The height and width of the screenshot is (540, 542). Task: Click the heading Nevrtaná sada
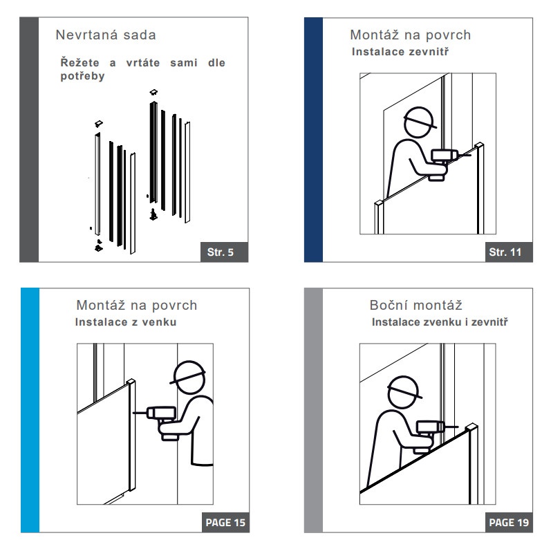(x=106, y=35)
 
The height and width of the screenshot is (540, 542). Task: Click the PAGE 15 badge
(x=225, y=523)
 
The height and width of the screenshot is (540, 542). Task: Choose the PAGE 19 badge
(x=509, y=523)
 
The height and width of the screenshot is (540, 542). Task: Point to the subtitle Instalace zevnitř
(x=400, y=52)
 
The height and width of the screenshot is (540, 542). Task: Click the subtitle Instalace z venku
(x=126, y=322)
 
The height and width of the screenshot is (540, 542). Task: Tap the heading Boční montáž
(x=416, y=306)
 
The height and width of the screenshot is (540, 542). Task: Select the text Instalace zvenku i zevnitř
(x=440, y=322)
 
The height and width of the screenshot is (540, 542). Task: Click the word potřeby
(x=82, y=76)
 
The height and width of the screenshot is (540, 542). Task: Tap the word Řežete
(x=80, y=62)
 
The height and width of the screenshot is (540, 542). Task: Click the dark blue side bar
(x=314, y=140)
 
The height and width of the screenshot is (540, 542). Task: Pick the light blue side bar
(x=30, y=410)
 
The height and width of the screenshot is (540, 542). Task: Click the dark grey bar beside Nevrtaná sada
(x=29, y=140)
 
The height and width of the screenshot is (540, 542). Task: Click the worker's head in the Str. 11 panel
(x=419, y=123)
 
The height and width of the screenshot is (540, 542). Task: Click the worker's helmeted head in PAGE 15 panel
(x=189, y=378)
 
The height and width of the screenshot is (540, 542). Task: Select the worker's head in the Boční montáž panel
(x=404, y=393)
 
